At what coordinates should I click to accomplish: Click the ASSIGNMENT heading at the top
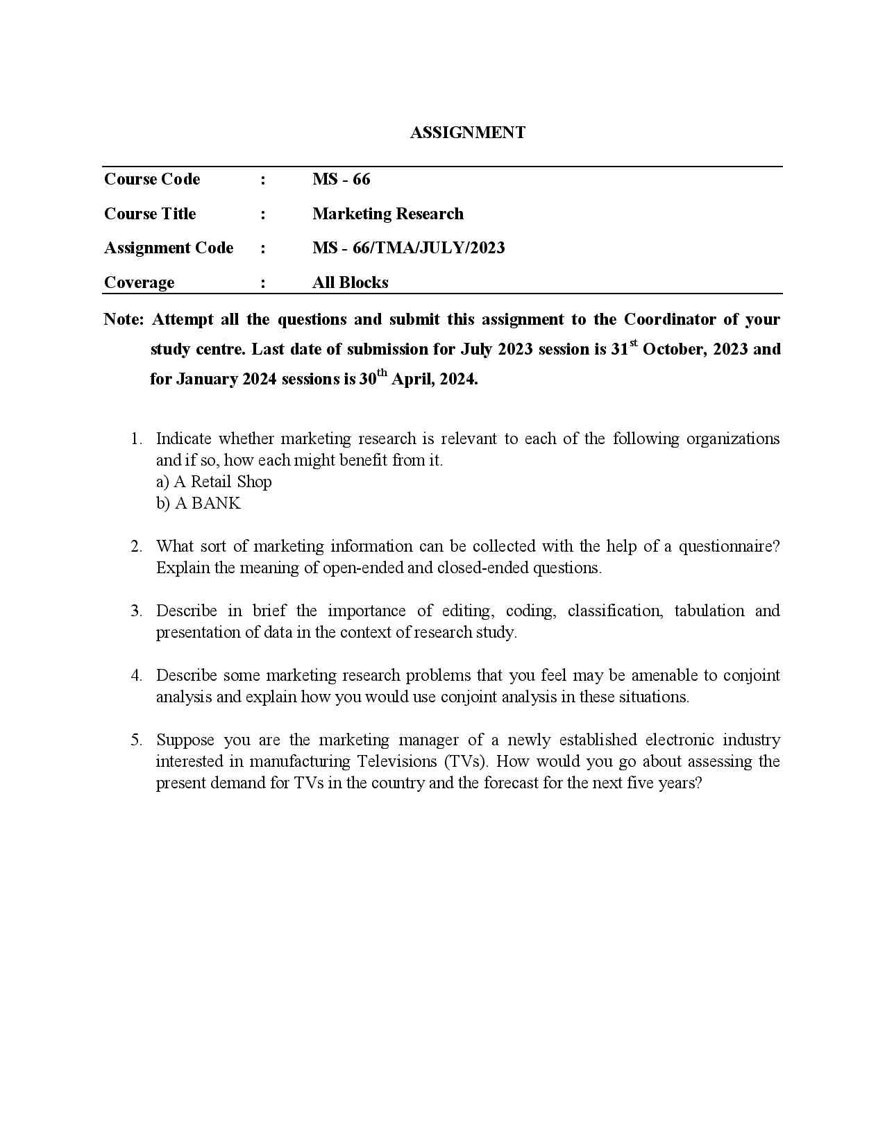[467, 133]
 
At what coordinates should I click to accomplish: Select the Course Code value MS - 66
[341, 179]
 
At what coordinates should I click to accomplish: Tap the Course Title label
[150, 214]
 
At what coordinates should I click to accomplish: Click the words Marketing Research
[387, 214]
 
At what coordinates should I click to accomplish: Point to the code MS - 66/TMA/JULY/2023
[408, 248]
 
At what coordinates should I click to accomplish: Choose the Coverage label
[139, 282]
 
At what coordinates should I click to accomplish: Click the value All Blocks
[350, 282]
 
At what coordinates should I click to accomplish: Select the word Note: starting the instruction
[124, 319]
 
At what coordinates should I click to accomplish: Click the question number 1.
[136, 439]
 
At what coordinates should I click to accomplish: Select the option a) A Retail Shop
[214, 482]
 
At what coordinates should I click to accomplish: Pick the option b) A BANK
[199, 503]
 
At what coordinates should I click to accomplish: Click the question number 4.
[136, 675]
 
